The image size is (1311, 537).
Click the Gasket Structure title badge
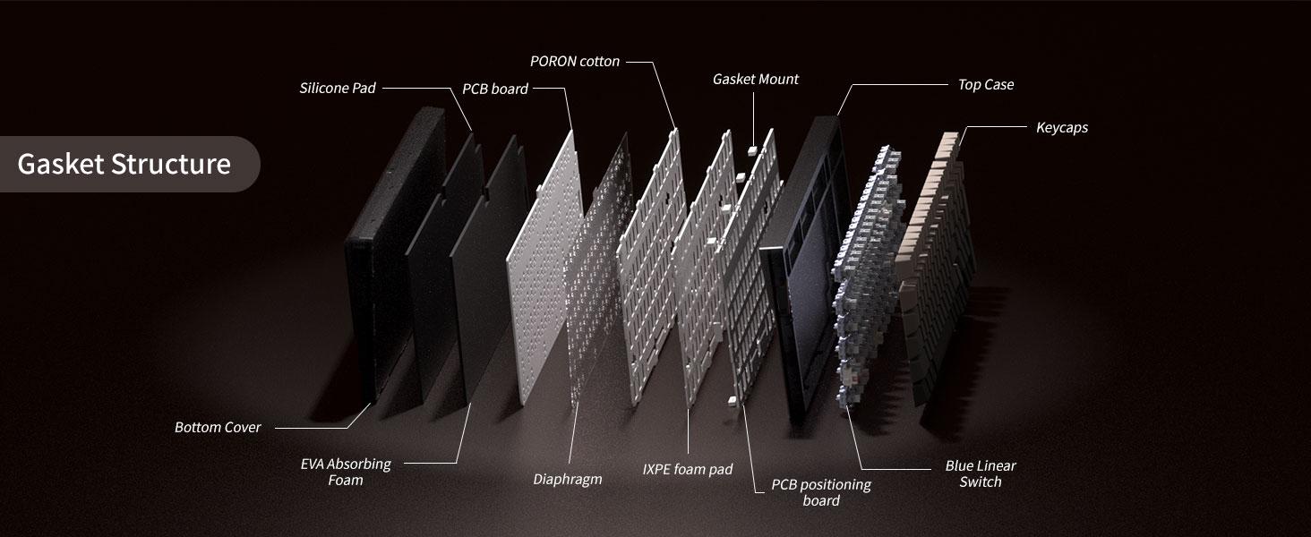pos(129,165)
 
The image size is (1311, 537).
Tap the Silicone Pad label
pos(337,89)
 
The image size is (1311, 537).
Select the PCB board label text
pos(495,89)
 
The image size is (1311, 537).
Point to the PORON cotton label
pos(575,62)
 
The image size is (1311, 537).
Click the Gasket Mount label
pos(756,79)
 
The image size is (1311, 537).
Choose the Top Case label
pos(986,85)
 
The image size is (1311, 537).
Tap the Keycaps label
pos(1062,127)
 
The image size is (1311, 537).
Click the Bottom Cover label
pos(218,428)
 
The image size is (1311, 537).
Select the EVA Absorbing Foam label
pos(346,472)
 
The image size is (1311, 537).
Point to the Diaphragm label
pos(567,479)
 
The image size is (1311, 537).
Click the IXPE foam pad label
pos(688,469)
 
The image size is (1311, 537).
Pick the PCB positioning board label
pos(821,492)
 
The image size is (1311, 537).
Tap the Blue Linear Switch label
pos(981,473)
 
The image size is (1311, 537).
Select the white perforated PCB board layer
pos(544,269)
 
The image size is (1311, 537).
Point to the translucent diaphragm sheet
pos(597,269)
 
